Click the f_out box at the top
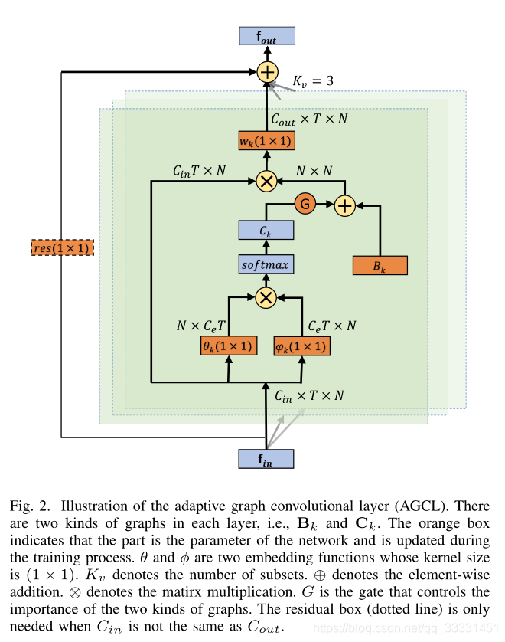pos(266,36)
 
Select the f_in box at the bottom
pos(266,459)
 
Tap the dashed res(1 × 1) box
pos(62,247)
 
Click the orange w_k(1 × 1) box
pos(266,141)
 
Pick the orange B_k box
pos(380,265)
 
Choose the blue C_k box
pos(266,229)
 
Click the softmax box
pos(266,265)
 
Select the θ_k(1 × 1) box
pos(227,346)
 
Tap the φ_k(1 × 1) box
pos(302,346)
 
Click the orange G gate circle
pos(305,205)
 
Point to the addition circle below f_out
pos(266,72)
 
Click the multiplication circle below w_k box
pos(266,181)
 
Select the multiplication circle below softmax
pos(266,297)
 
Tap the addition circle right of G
pos(344,205)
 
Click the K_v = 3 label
pos(313,80)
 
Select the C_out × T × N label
pos(309,120)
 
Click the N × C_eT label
pos(201,325)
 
